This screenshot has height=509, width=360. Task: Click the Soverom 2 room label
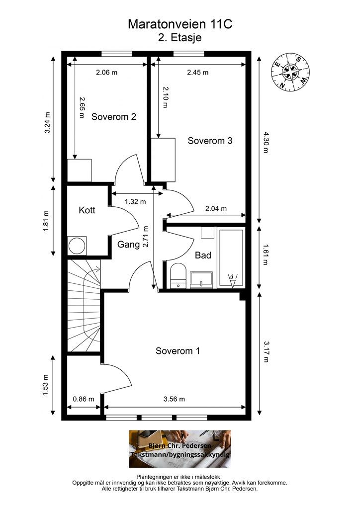click(x=113, y=117)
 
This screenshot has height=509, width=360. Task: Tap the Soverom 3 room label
click(x=210, y=141)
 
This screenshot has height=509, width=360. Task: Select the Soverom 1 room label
click(x=178, y=351)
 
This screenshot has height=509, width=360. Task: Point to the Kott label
click(x=87, y=210)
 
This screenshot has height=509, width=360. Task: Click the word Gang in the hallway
click(x=128, y=245)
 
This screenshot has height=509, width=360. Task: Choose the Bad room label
click(x=203, y=255)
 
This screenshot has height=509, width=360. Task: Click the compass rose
click(x=290, y=73)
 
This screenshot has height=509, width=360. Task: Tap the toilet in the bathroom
click(x=178, y=276)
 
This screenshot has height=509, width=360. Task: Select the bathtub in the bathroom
click(x=231, y=258)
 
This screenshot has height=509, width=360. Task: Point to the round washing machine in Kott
click(x=77, y=246)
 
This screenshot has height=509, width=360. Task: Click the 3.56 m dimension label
click(x=175, y=399)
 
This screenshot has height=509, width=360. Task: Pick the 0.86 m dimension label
click(x=84, y=399)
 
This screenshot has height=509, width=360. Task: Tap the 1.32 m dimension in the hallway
click(x=135, y=202)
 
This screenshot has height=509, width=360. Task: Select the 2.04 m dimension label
click(x=216, y=209)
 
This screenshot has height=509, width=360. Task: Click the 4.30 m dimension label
click(x=266, y=142)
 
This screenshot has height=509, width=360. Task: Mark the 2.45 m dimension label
click(x=198, y=73)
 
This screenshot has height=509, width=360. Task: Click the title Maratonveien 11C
click(x=180, y=24)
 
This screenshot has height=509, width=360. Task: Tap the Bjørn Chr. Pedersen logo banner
click(x=180, y=449)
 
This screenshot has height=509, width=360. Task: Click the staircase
click(x=84, y=306)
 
